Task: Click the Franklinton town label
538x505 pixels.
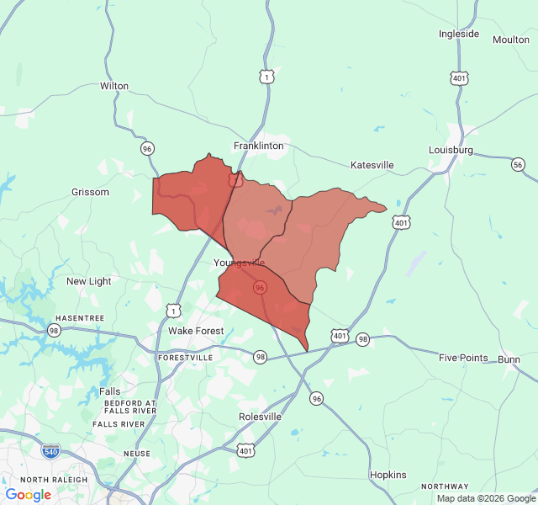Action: pos(258,146)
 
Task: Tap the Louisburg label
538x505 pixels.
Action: pos(451,150)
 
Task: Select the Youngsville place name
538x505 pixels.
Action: pos(239,263)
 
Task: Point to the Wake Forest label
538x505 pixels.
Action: pos(196,331)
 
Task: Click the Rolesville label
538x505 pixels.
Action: pos(260,417)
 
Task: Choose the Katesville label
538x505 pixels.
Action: pos(372,165)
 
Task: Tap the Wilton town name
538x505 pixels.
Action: pos(114,86)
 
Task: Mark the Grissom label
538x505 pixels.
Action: pos(90,192)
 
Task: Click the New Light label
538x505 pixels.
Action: pos(88,281)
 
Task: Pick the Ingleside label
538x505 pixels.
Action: pos(459,34)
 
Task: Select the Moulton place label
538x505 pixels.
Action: pos(511,40)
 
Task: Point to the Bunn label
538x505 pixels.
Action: pos(509,359)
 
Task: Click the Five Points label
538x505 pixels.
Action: pos(463,358)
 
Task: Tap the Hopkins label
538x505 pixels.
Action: pos(388,475)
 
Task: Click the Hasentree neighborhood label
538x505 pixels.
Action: pos(80,318)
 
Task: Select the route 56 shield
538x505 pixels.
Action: pos(518,165)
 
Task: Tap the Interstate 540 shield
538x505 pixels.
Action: pos(50,451)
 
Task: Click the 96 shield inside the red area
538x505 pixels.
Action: pos(261,287)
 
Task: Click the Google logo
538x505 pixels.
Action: pos(28,495)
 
